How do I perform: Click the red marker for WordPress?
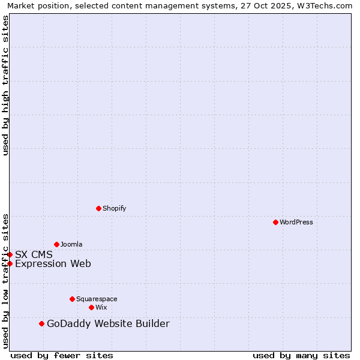click(x=275, y=222)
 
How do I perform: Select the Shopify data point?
click(x=98, y=208)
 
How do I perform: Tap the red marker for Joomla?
click(x=56, y=244)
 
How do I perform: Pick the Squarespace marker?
click(x=72, y=299)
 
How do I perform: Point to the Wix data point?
click(x=91, y=307)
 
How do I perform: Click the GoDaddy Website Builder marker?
click(x=41, y=324)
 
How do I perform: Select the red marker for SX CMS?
click(x=10, y=254)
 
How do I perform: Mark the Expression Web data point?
click(x=10, y=263)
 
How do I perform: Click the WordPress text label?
click(x=296, y=223)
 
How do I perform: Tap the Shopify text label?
click(x=115, y=209)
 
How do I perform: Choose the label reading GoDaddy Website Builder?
click(x=108, y=324)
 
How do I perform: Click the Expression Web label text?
click(x=53, y=263)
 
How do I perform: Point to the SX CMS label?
click(x=34, y=254)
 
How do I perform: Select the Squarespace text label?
click(x=97, y=299)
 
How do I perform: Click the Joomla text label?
click(x=71, y=245)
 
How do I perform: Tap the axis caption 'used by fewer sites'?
click(x=62, y=355)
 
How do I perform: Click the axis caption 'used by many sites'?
click(x=301, y=355)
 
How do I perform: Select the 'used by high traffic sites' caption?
click(x=5, y=85)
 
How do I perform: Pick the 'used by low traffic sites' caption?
click(x=5, y=280)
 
